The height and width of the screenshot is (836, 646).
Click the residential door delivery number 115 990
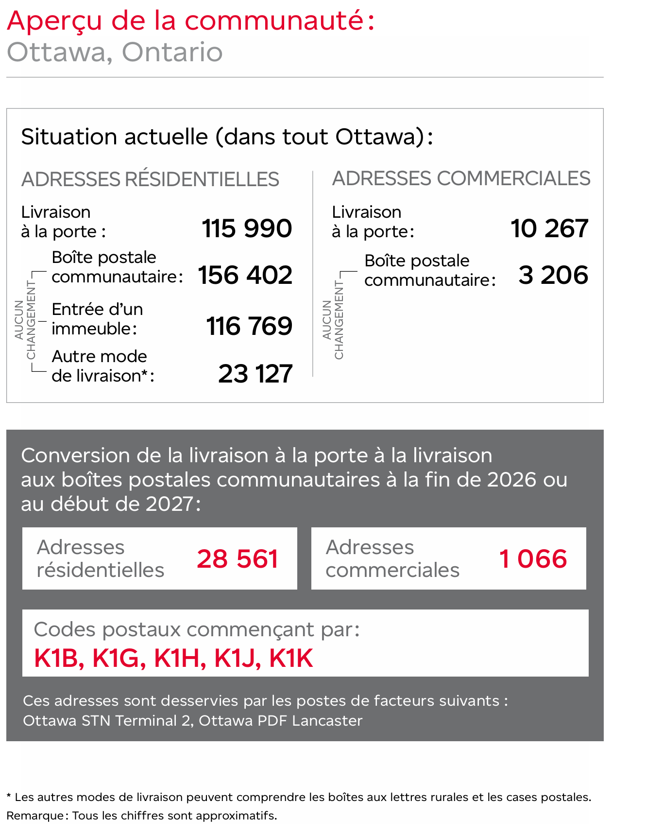[x=247, y=228]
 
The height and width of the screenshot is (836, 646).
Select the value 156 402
[x=245, y=275]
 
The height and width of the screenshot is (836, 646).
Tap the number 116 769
[x=249, y=326]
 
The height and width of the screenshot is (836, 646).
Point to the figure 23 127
[x=255, y=374]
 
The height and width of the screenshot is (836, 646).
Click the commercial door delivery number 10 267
[x=549, y=228]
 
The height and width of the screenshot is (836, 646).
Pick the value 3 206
[x=553, y=275]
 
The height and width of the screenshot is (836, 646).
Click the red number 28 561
[x=238, y=559]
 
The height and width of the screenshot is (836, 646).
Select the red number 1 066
[x=533, y=559]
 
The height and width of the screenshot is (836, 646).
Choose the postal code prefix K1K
[x=291, y=659]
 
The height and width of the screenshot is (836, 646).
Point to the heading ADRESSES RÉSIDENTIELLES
[x=150, y=179]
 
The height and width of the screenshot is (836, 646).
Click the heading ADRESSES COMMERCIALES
[x=461, y=178]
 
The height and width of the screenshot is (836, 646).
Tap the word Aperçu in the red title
[x=55, y=21]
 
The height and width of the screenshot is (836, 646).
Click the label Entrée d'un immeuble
[x=97, y=319]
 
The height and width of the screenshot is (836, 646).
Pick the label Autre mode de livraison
[x=102, y=366]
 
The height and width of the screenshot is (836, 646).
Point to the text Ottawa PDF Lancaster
[x=280, y=720]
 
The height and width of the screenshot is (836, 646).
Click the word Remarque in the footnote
[x=34, y=816]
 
